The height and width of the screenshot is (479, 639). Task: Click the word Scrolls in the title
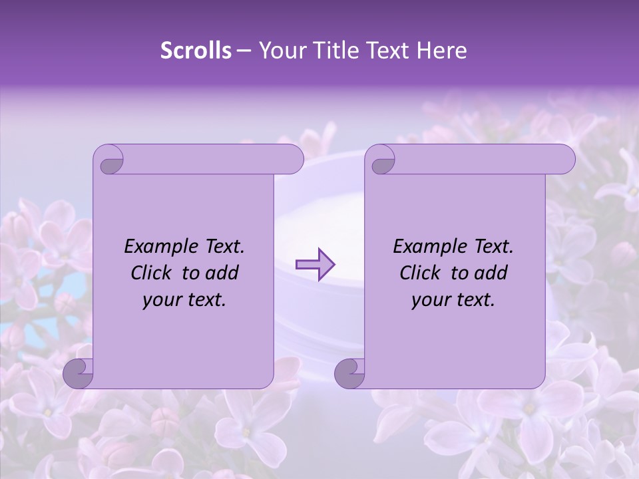click(196, 51)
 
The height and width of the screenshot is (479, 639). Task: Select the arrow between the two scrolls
click(316, 265)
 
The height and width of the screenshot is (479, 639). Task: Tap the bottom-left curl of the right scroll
click(351, 373)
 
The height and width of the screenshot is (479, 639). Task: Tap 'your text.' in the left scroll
click(184, 300)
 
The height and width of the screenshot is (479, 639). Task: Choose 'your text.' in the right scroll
click(453, 300)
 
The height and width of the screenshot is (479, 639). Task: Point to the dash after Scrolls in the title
click(244, 51)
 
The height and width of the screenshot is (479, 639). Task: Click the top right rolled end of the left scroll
click(293, 159)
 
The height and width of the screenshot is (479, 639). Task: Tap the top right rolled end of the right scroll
click(564, 159)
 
